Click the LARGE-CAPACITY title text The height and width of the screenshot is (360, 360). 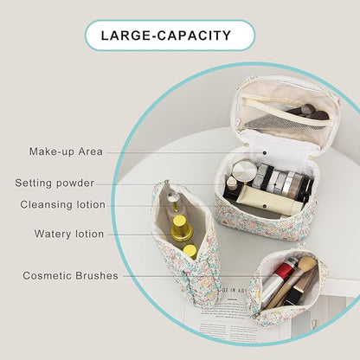click(166, 35)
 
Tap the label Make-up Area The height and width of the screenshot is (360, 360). click(66, 151)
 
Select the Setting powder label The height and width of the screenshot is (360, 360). click(55, 183)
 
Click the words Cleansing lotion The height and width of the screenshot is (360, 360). click(62, 204)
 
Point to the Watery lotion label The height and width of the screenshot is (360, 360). click(69, 234)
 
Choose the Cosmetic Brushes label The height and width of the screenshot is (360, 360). click(70, 275)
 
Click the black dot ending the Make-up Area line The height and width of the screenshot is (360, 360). click(265, 152)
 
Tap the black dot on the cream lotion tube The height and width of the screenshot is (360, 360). click(264, 205)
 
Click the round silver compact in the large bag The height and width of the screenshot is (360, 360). click(245, 170)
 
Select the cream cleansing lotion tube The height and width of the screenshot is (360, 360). click(270, 201)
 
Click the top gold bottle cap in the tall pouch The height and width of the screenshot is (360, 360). click(180, 222)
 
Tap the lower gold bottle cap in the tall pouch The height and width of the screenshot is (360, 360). click(190, 251)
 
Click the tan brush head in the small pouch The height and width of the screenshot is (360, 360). click(306, 264)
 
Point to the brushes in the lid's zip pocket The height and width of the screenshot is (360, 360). click(307, 112)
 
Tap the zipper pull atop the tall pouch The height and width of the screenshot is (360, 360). click(167, 183)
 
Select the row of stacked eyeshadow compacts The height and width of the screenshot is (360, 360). click(283, 181)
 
